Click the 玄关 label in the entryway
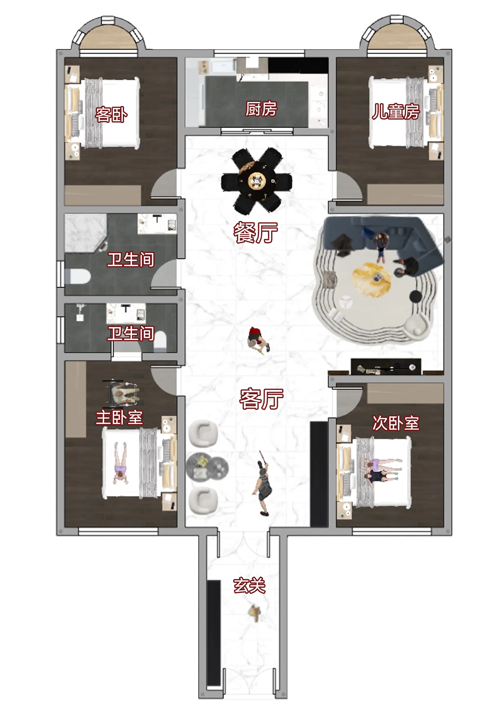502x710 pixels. coord(249,585)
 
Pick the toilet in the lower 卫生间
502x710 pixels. coord(160,341)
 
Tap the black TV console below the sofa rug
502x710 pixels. coord(386,367)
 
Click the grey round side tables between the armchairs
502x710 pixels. coord(207,467)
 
